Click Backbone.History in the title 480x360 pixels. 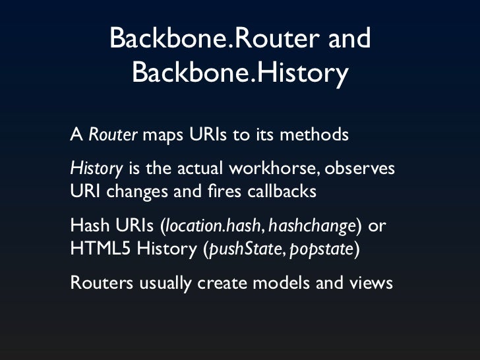point(240,73)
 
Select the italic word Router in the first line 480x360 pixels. point(113,135)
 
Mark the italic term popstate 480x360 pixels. point(324,251)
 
